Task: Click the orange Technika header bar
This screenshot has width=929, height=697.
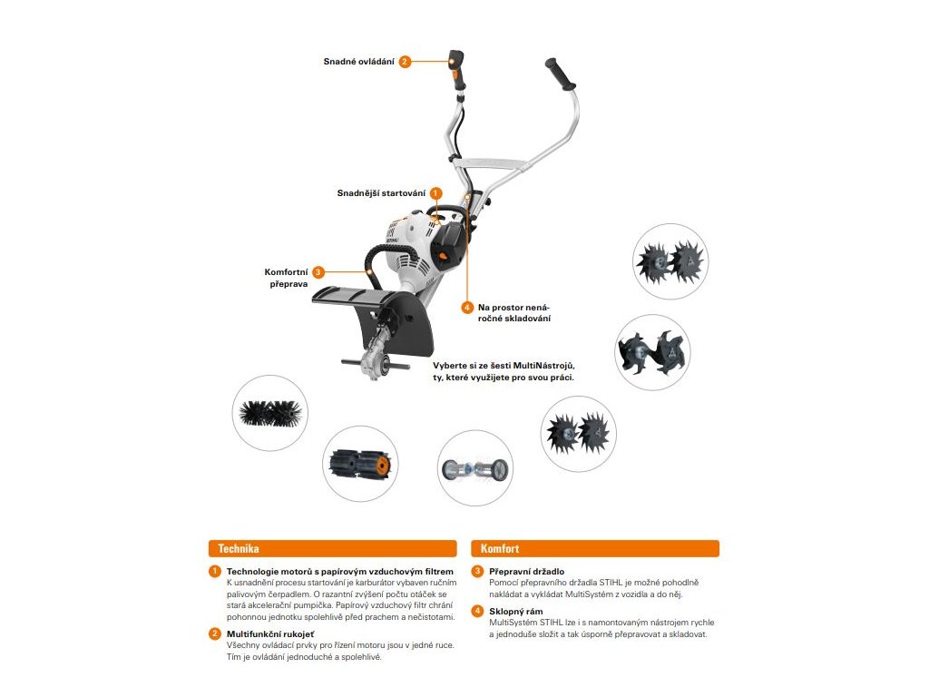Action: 332,548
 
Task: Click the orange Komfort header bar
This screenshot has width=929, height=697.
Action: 594,548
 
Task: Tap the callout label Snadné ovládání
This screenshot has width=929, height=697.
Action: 359,62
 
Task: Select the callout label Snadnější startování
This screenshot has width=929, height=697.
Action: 381,193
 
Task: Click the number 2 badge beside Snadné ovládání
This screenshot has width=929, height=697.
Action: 405,62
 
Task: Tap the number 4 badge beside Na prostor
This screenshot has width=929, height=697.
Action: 467,308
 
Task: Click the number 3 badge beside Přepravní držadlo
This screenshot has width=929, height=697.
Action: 477,571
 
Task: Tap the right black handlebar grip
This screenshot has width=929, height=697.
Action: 561,75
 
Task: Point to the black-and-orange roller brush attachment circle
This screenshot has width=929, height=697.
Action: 360,463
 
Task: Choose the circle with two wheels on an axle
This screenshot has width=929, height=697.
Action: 475,468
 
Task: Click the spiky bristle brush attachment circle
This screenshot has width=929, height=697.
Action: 269,413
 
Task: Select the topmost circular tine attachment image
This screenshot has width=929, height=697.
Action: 670,261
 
